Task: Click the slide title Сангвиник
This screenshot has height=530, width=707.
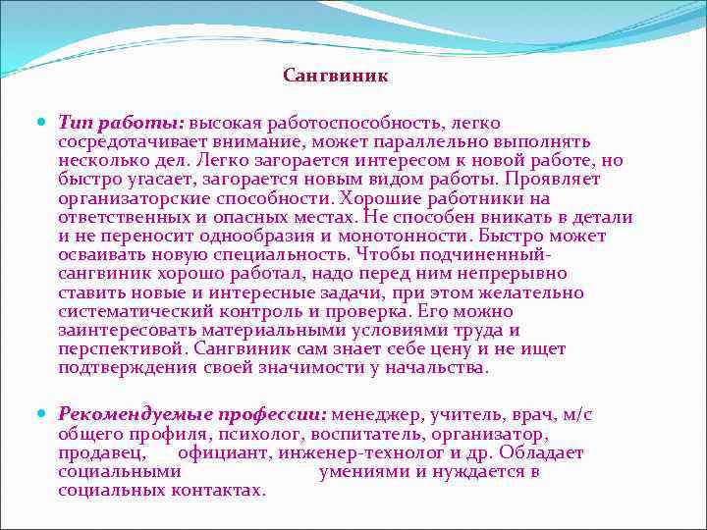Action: (336, 76)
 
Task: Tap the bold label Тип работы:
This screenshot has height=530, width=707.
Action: (120, 124)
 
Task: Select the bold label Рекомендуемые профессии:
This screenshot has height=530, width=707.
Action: (193, 415)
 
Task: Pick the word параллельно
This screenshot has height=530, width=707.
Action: (459, 142)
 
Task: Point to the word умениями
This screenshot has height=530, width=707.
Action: (362, 471)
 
